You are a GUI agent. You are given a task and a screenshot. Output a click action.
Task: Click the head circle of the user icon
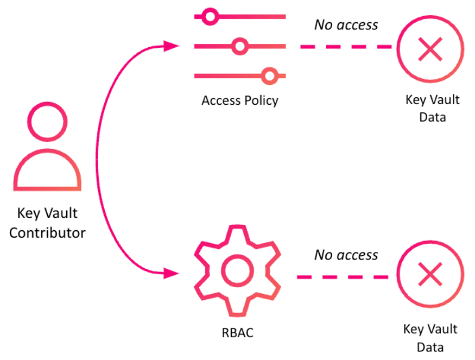pyautogui.click(x=47, y=123)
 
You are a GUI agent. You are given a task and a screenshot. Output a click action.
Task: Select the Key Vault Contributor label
pyautogui.click(x=47, y=223)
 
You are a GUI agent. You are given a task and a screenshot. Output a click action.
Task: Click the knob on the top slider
pyautogui.click(x=210, y=17)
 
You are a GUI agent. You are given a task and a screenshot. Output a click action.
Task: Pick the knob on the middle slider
pyautogui.click(x=239, y=47)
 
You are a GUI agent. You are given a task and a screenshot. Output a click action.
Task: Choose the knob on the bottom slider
pyautogui.click(x=269, y=76)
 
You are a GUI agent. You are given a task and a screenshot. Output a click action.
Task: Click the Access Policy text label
pyautogui.click(x=239, y=100)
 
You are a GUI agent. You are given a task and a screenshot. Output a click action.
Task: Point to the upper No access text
pyautogui.click(x=346, y=24)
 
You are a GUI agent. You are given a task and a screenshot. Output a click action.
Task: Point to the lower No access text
pyautogui.click(x=346, y=255)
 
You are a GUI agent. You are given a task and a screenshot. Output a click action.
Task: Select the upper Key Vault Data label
pyautogui.click(x=432, y=108)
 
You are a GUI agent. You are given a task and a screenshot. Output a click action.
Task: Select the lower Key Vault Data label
pyautogui.click(x=430, y=338)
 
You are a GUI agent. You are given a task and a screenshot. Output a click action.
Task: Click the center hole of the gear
pyautogui.click(x=237, y=271)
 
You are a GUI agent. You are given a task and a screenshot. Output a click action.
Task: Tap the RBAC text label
pyautogui.click(x=237, y=332)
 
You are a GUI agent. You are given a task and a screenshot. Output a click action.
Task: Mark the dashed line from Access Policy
pyautogui.click(x=346, y=47)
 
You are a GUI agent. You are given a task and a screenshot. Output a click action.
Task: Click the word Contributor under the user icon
pyautogui.click(x=47, y=233)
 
